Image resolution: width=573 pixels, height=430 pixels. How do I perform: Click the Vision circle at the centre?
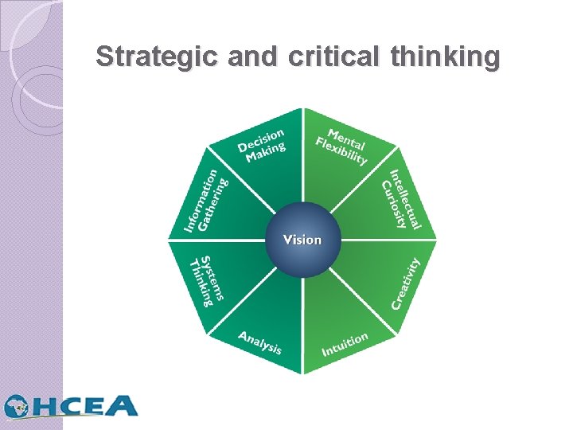[x=303, y=239]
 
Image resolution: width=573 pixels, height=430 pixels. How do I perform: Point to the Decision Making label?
[x=260, y=145]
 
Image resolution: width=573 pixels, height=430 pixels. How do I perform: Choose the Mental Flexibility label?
[x=342, y=145]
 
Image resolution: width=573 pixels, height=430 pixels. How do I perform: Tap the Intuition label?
[x=345, y=344]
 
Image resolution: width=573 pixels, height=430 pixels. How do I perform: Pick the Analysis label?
[x=260, y=342]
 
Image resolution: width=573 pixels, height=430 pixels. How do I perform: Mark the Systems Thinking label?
[x=205, y=281]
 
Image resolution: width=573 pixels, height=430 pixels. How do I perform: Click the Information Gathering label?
[x=205, y=201]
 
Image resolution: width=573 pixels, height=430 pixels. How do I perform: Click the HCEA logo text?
[x=88, y=406]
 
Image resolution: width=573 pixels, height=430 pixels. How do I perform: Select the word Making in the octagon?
[x=265, y=152]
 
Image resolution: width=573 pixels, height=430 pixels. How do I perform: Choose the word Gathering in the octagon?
[x=214, y=204]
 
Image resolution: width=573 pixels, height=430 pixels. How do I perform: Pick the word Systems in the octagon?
[x=212, y=278]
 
